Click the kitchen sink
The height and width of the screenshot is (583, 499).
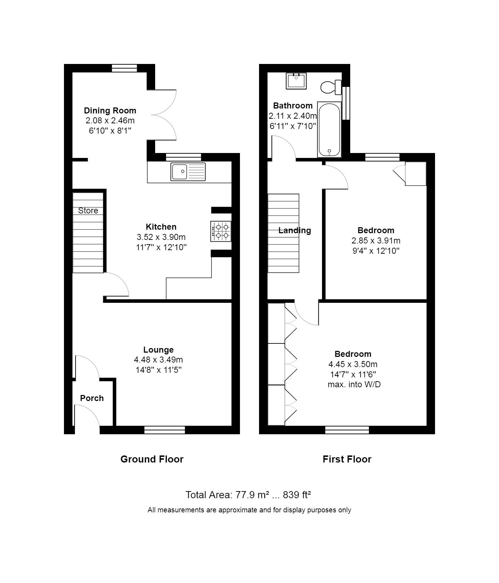point(188,172)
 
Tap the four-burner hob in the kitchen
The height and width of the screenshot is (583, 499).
point(221,231)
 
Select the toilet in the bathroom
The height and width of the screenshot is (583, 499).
point(331,87)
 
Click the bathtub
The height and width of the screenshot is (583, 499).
point(329,130)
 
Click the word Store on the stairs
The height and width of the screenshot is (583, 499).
point(88,211)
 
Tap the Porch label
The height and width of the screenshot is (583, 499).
point(92,398)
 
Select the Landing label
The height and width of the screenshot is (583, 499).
point(295,230)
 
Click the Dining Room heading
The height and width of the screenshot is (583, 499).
point(110,111)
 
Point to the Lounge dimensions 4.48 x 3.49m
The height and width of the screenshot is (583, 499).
point(158,360)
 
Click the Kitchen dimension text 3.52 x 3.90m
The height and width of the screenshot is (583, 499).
point(161,237)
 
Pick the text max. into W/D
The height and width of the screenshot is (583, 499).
point(354,384)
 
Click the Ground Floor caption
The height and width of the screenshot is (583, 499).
point(152,459)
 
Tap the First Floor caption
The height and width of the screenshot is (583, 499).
point(347,459)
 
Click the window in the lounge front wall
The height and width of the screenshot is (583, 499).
point(165,430)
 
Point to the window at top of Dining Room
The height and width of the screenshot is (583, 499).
point(124,68)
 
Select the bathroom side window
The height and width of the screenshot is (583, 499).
point(346,103)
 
